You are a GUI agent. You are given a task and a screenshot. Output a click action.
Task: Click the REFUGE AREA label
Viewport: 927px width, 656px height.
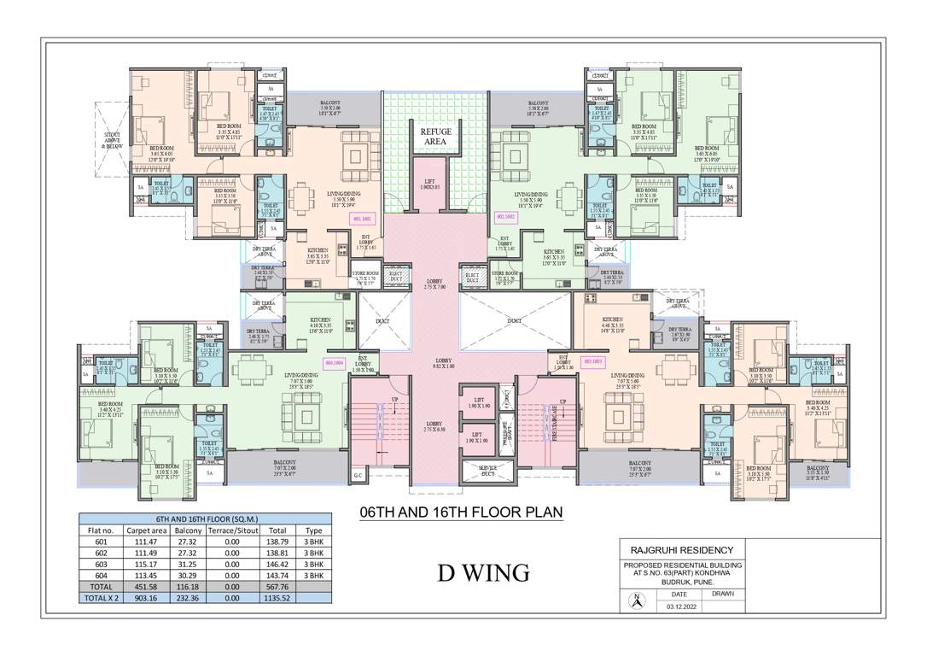(435, 138)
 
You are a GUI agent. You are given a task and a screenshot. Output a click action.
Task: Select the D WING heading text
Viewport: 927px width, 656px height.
(483, 572)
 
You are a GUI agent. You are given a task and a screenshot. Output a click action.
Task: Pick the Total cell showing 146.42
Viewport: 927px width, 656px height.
(277, 565)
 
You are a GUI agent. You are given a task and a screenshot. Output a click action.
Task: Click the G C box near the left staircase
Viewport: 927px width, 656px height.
(358, 476)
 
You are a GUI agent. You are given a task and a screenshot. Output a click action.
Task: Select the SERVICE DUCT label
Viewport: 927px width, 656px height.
(488, 471)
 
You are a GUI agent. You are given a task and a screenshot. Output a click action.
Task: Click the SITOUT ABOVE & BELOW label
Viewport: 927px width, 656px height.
(112, 141)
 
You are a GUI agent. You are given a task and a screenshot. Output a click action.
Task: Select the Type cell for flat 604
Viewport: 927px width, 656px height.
(313, 577)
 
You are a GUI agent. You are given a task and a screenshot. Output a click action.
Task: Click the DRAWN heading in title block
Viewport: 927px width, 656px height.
(722, 592)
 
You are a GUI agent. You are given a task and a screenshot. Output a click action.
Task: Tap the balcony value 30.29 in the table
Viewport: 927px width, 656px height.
(188, 577)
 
